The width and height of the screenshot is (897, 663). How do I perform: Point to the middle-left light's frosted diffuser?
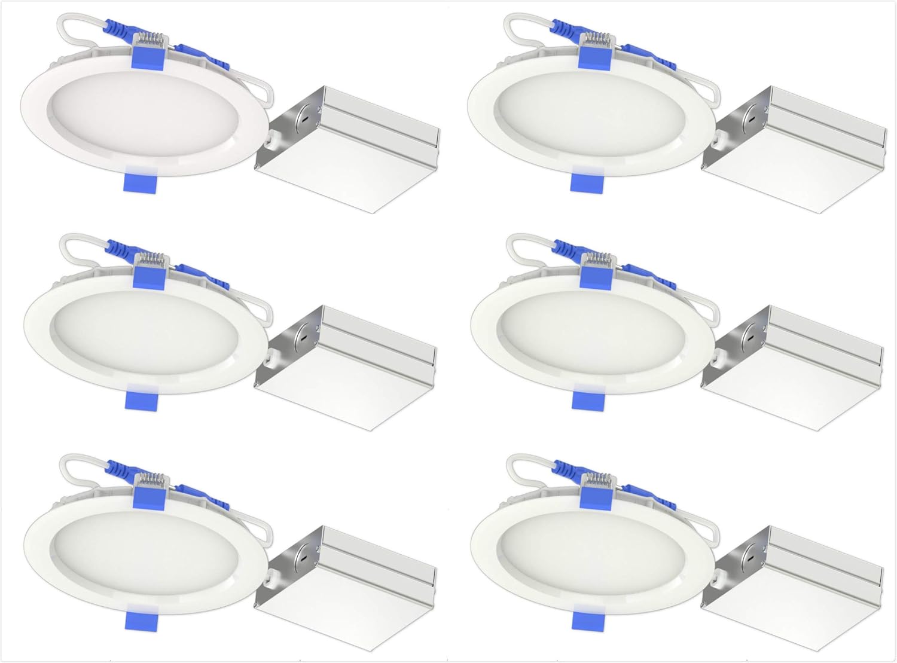[144, 335]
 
